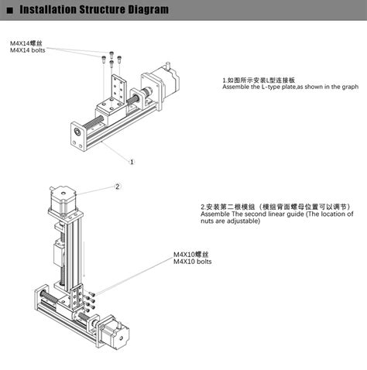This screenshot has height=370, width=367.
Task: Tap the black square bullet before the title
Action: click(9, 10)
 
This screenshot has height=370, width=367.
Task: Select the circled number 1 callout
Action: click(132, 162)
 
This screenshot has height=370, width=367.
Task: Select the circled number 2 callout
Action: click(118, 186)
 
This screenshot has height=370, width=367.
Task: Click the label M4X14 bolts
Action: click(27, 51)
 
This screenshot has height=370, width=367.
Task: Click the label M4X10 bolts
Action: click(192, 262)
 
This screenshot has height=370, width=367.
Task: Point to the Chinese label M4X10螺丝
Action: click(190, 254)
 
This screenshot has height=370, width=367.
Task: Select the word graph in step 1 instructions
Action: click(349, 87)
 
